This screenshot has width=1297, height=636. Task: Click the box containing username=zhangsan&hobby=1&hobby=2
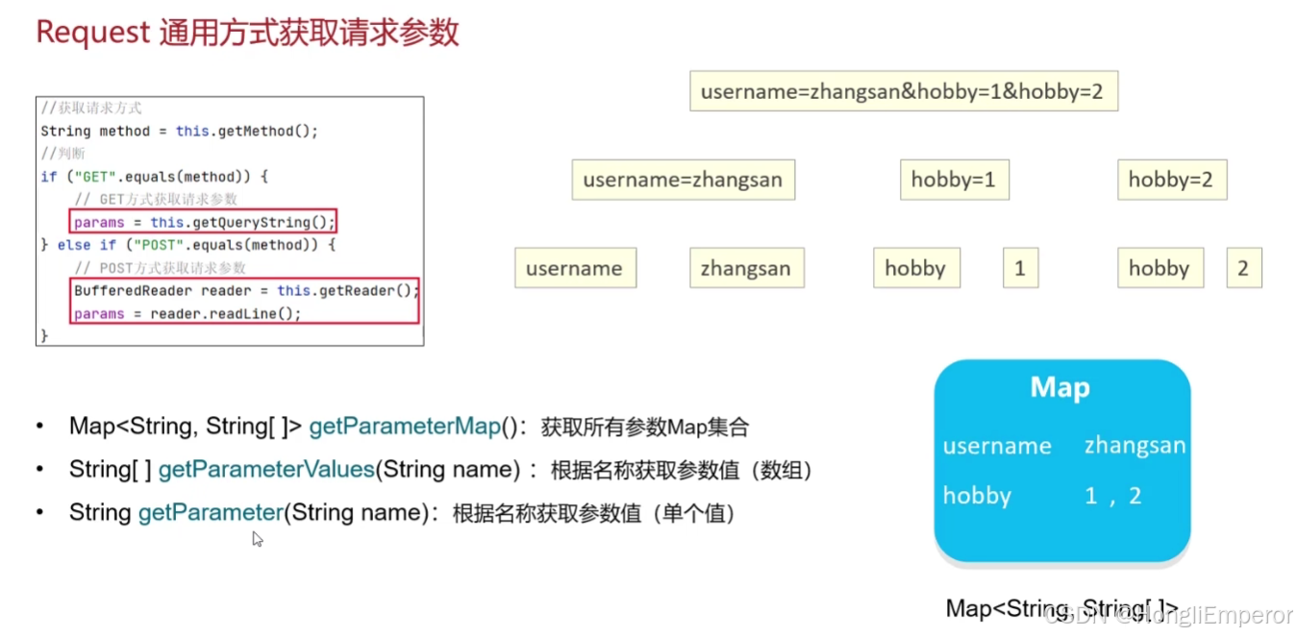click(903, 92)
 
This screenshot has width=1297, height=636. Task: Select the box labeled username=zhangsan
click(683, 180)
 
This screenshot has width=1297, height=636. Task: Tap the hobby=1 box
click(954, 180)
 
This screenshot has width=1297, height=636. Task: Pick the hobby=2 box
click(1171, 180)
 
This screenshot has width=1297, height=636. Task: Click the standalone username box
click(574, 268)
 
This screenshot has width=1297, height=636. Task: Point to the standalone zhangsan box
click(746, 268)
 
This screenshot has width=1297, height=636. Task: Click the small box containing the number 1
click(1019, 268)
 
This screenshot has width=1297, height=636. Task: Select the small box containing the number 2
click(1243, 268)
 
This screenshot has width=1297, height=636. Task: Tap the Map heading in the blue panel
click(1060, 387)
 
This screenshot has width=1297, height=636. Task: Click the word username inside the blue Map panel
click(997, 446)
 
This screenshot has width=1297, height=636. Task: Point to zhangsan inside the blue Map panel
click(1135, 446)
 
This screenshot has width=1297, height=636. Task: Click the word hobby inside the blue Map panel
click(977, 496)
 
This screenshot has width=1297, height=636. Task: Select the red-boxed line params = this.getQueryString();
click(204, 222)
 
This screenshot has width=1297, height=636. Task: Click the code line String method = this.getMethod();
click(179, 131)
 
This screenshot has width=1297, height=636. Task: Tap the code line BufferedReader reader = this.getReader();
click(246, 290)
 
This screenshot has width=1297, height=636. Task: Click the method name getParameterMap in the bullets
click(405, 427)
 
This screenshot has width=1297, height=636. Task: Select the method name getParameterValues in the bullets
click(265, 470)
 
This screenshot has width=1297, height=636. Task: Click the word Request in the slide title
click(92, 32)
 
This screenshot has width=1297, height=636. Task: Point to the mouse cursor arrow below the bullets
click(257, 539)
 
